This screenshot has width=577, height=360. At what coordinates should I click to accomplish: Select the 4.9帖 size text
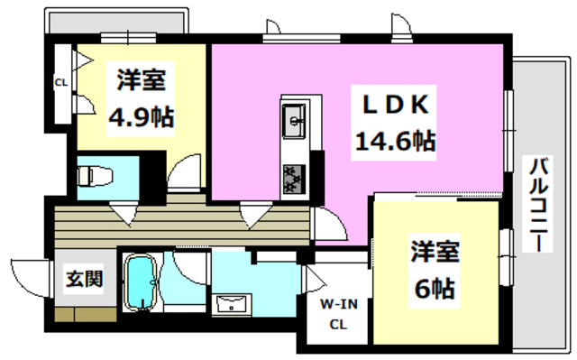tap(142, 116)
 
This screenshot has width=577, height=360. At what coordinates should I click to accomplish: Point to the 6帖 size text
tap(434, 289)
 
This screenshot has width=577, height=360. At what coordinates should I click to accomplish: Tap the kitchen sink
tap(295, 117)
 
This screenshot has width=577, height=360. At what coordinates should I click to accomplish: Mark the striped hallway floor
tap(180, 221)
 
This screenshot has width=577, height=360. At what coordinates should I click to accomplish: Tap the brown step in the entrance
tap(84, 315)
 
